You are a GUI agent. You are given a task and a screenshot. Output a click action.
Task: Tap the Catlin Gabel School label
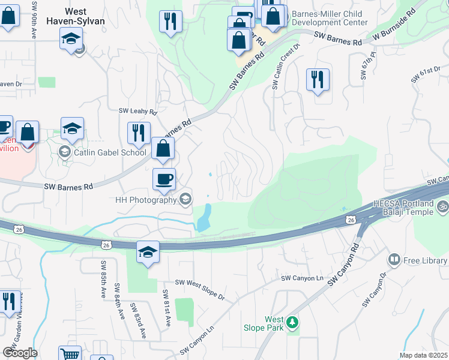[x=110, y=152]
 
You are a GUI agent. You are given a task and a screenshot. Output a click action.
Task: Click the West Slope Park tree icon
[x=292, y=323]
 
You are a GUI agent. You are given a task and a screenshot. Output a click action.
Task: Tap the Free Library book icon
[x=394, y=260]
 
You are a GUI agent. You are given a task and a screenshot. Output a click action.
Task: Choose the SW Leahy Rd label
[x=137, y=112]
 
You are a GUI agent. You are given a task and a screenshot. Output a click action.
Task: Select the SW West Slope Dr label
[x=199, y=290]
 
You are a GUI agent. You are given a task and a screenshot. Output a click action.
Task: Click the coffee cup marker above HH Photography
[x=164, y=179]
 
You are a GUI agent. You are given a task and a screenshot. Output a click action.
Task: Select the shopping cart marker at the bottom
[x=70, y=354]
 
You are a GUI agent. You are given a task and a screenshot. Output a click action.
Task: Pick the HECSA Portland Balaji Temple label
[x=403, y=210]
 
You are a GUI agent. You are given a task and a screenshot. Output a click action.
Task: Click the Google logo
[x=20, y=353]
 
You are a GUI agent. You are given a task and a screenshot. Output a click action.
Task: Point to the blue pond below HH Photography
[x=205, y=217]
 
